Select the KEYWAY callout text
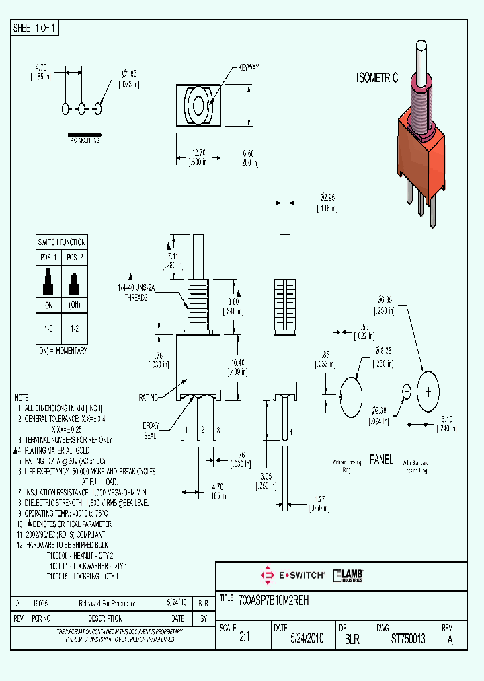249,69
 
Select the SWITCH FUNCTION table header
61,242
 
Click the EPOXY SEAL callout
151,430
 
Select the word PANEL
381,460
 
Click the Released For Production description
108,604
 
